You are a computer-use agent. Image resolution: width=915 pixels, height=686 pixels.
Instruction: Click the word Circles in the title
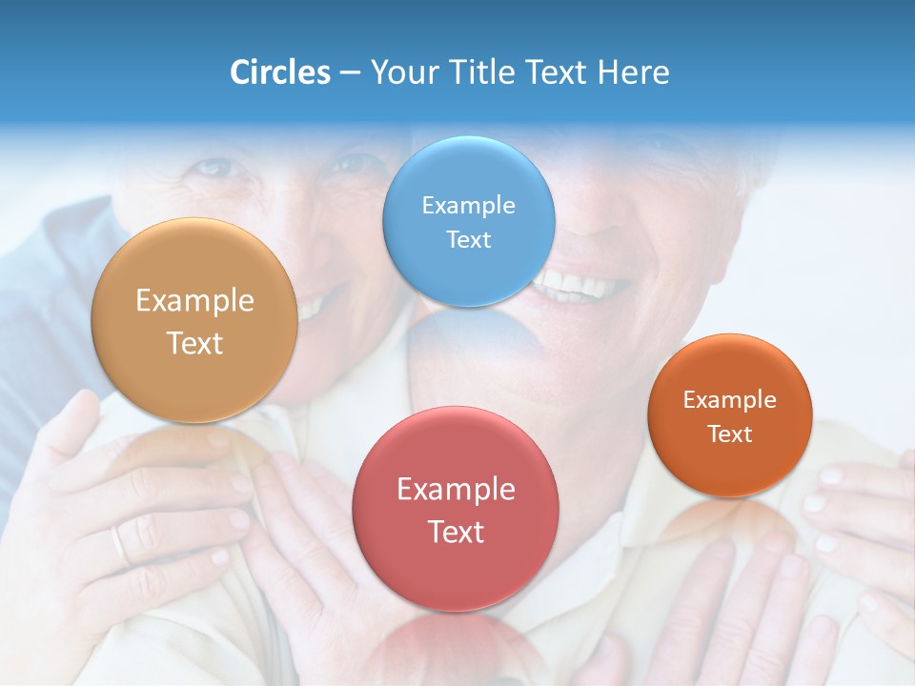click(279, 72)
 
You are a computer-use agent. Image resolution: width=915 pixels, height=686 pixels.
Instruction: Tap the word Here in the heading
click(633, 72)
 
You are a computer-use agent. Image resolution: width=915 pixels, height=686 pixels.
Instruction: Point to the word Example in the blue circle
click(468, 205)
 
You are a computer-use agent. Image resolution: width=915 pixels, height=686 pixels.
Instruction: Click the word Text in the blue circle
click(468, 239)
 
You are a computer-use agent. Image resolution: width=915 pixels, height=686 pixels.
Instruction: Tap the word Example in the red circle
click(456, 489)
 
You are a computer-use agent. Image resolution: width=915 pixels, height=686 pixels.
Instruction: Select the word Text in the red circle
click(456, 532)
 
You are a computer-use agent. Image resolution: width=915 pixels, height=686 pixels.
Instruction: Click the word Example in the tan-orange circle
click(194, 300)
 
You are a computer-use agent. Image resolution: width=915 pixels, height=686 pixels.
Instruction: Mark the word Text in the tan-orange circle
click(194, 343)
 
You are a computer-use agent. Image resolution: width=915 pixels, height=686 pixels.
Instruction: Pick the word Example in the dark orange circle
click(730, 399)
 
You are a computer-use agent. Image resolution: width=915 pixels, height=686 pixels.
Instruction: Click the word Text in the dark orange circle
click(730, 434)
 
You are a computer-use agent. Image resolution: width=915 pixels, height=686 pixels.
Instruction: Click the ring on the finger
click(119, 545)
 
